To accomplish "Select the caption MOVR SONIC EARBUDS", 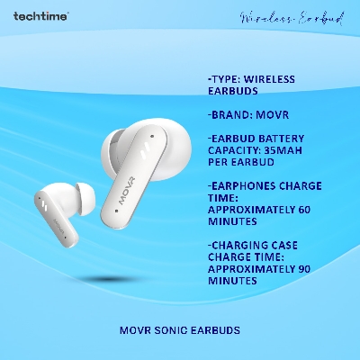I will (180, 329).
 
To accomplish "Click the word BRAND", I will (229, 116).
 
